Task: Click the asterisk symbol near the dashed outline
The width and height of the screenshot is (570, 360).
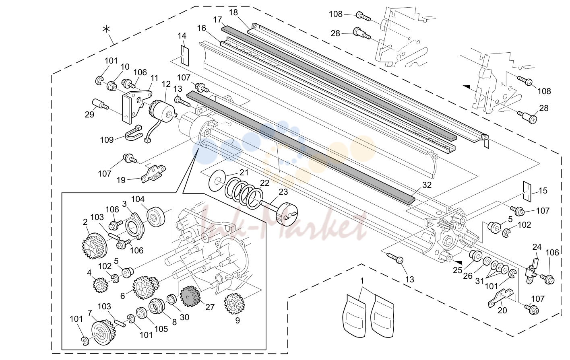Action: pyautogui.click(x=106, y=29)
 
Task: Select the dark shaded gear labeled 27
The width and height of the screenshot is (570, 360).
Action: pyautogui.click(x=190, y=296)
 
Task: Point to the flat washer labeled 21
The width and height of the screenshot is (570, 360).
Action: pyautogui.click(x=217, y=181)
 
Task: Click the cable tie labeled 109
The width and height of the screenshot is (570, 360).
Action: pyautogui.click(x=133, y=133)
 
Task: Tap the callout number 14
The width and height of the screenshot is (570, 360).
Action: pyautogui.click(x=182, y=36)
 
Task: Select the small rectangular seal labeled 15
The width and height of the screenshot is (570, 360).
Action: pyautogui.click(x=527, y=191)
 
